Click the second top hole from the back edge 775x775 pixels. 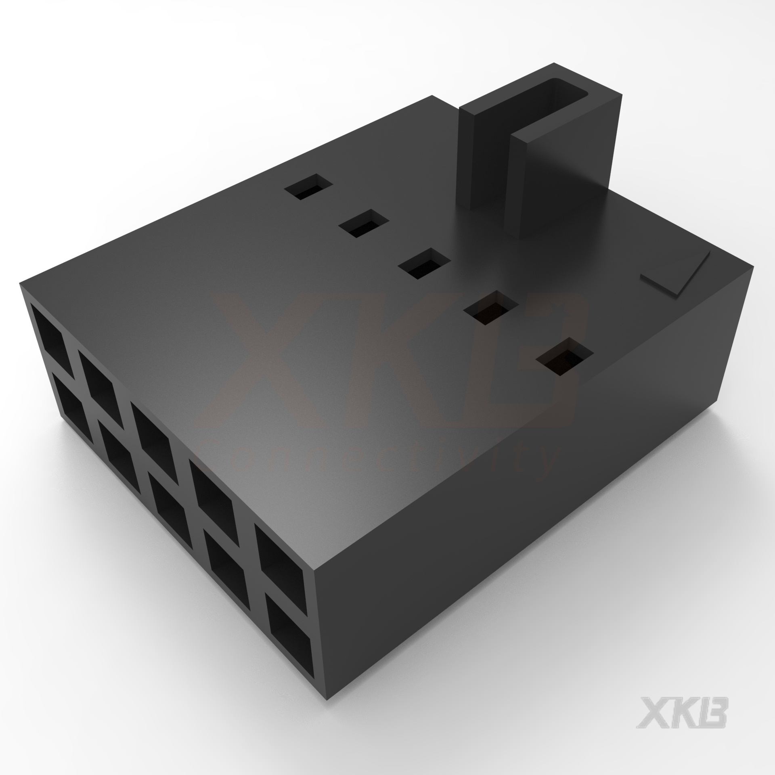pos(364,223)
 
